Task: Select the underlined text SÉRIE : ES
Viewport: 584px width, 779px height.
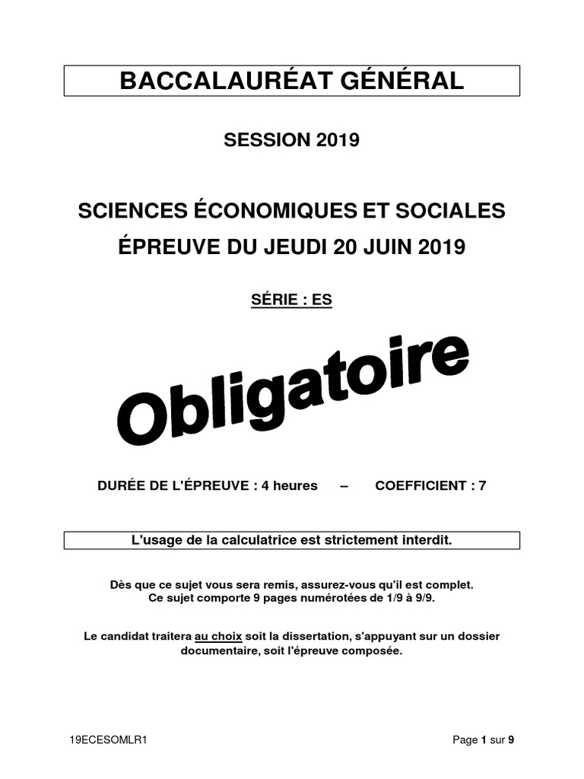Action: tap(292, 300)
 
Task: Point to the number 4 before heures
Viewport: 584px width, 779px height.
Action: tap(265, 485)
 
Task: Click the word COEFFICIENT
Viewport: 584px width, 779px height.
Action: tap(421, 485)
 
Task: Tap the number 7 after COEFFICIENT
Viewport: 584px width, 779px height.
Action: tap(482, 485)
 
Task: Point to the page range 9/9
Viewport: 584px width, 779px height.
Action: tap(429, 599)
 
